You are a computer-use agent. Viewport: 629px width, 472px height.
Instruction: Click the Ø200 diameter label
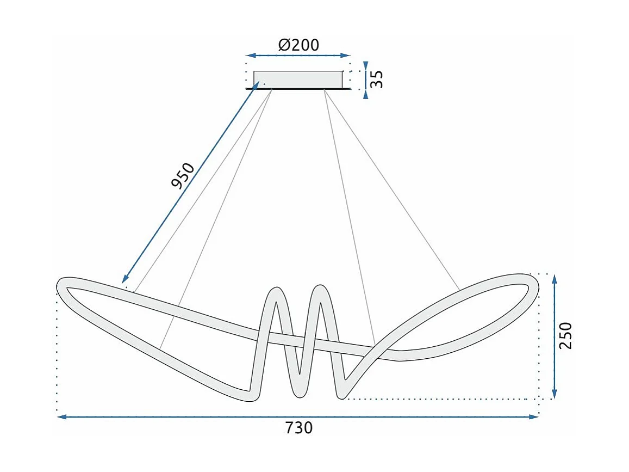298,45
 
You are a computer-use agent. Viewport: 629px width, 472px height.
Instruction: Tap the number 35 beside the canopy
377,79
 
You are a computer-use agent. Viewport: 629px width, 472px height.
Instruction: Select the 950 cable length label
183,175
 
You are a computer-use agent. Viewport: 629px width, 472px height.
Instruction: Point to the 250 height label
566,335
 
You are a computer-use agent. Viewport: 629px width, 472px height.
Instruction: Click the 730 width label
299,428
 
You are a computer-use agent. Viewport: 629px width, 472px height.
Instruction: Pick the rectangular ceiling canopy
298,79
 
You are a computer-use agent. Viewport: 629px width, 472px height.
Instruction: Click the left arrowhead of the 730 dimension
61,417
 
